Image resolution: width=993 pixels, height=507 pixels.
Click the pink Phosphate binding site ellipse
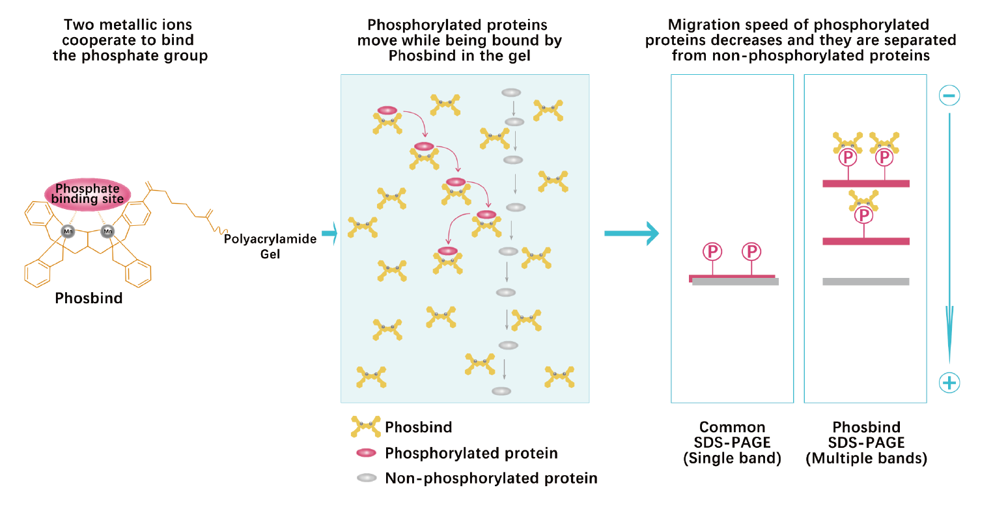(x=88, y=194)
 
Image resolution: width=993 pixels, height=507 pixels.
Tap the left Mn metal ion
(x=68, y=231)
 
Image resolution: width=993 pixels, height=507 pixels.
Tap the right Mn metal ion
(x=107, y=231)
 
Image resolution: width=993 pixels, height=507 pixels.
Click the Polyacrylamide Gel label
(x=270, y=246)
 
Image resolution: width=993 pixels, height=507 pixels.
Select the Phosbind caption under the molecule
(x=89, y=299)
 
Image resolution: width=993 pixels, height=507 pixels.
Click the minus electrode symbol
(x=949, y=96)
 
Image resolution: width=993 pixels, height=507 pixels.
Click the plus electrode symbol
(x=949, y=383)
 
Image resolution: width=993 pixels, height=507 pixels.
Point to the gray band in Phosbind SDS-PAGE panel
(x=865, y=282)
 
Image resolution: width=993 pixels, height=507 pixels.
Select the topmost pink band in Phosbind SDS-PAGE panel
(x=865, y=184)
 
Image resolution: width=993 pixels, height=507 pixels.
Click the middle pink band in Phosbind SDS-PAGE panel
(x=865, y=241)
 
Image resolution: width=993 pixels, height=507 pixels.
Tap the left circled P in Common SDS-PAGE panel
(x=712, y=251)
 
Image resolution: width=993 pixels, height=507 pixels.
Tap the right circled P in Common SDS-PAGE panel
(x=751, y=251)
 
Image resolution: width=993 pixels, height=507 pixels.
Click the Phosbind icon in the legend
(x=365, y=427)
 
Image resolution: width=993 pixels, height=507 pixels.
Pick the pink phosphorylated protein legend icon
(x=367, y=453)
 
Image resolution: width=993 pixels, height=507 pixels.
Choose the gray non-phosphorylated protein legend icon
(x=367, y=478)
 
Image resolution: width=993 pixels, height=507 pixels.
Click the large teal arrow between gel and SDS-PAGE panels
(x=632, y=233)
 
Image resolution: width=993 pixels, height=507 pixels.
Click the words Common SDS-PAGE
(x=732, y=435)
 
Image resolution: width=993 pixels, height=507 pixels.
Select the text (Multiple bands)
(x=865, y=458)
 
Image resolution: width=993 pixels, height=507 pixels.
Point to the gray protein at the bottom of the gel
(x=501, y=391)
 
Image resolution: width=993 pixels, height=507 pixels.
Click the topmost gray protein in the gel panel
(x=510, y=92)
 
